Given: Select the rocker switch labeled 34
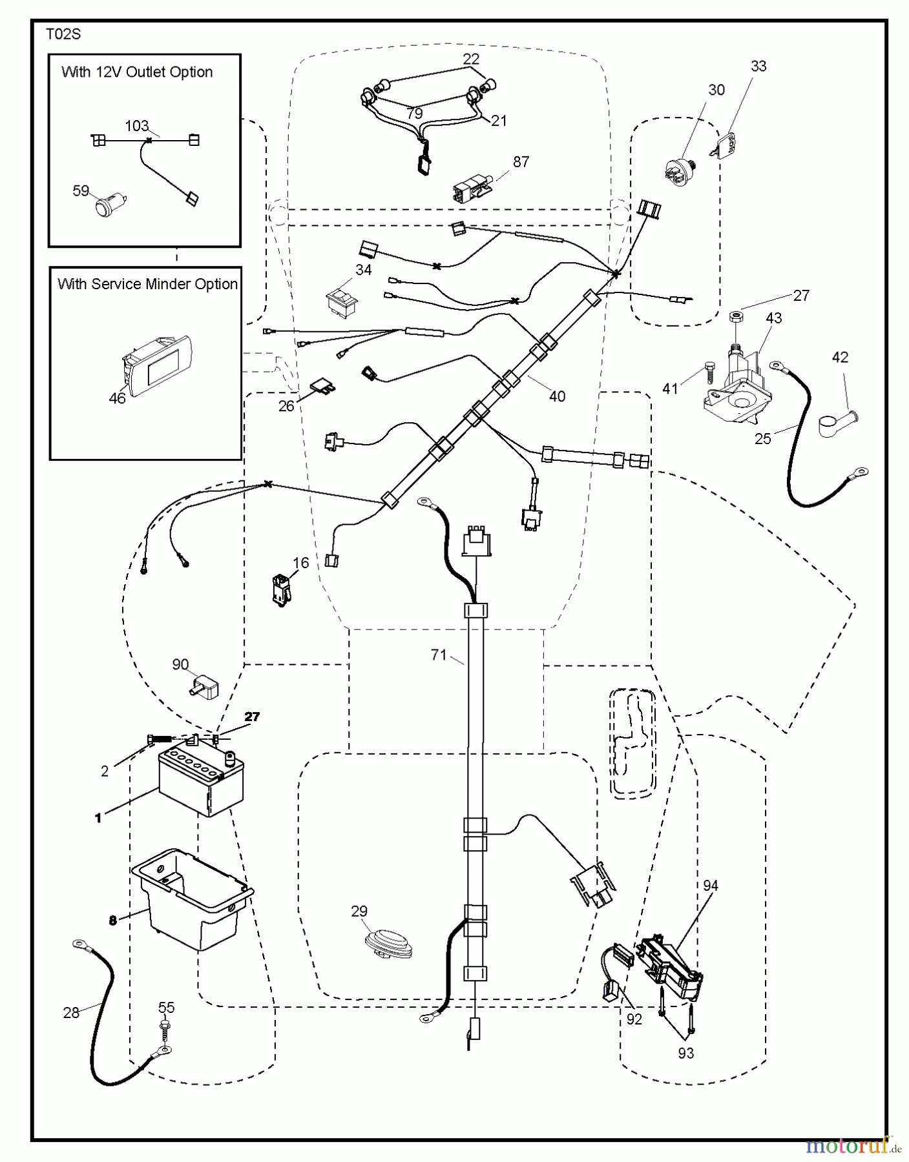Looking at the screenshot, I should point(342,301).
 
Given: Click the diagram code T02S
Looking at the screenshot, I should point(63,34).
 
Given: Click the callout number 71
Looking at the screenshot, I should point(439,655).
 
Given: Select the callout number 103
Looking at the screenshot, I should point(137,126).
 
